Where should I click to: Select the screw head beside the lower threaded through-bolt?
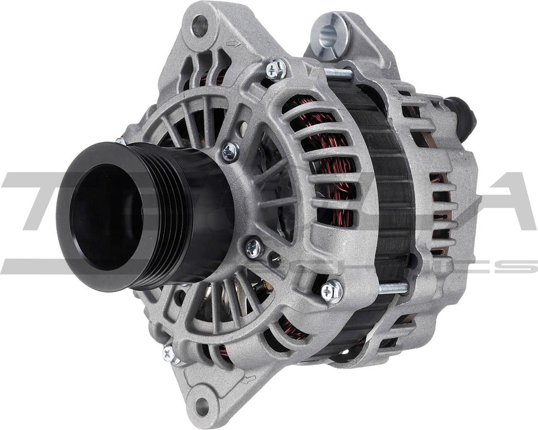(x=331, y=290)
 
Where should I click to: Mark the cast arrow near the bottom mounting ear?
(x=250, y=379)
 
